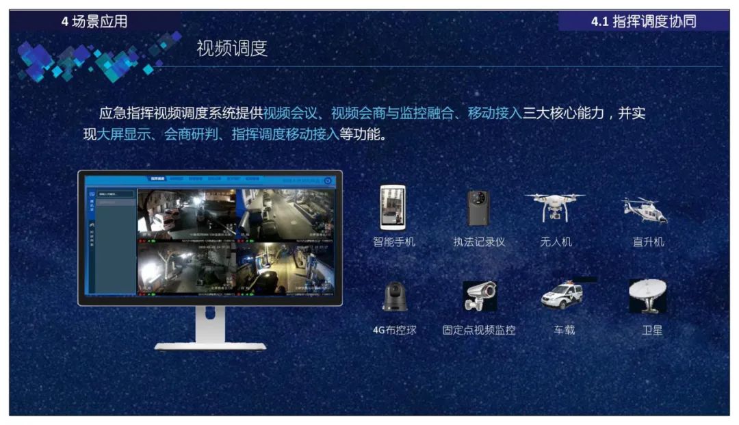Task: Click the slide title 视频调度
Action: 231,49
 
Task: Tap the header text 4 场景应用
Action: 94,22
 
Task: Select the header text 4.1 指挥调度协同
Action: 643,22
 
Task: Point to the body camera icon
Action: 478,208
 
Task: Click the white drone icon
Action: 555,205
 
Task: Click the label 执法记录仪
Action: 479,242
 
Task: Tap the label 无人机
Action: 556,242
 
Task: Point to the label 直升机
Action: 648,242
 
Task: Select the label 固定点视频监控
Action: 479,330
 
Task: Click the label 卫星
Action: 652,330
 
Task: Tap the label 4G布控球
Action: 394,330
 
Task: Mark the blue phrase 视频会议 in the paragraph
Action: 290,114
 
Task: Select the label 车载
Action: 564,330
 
